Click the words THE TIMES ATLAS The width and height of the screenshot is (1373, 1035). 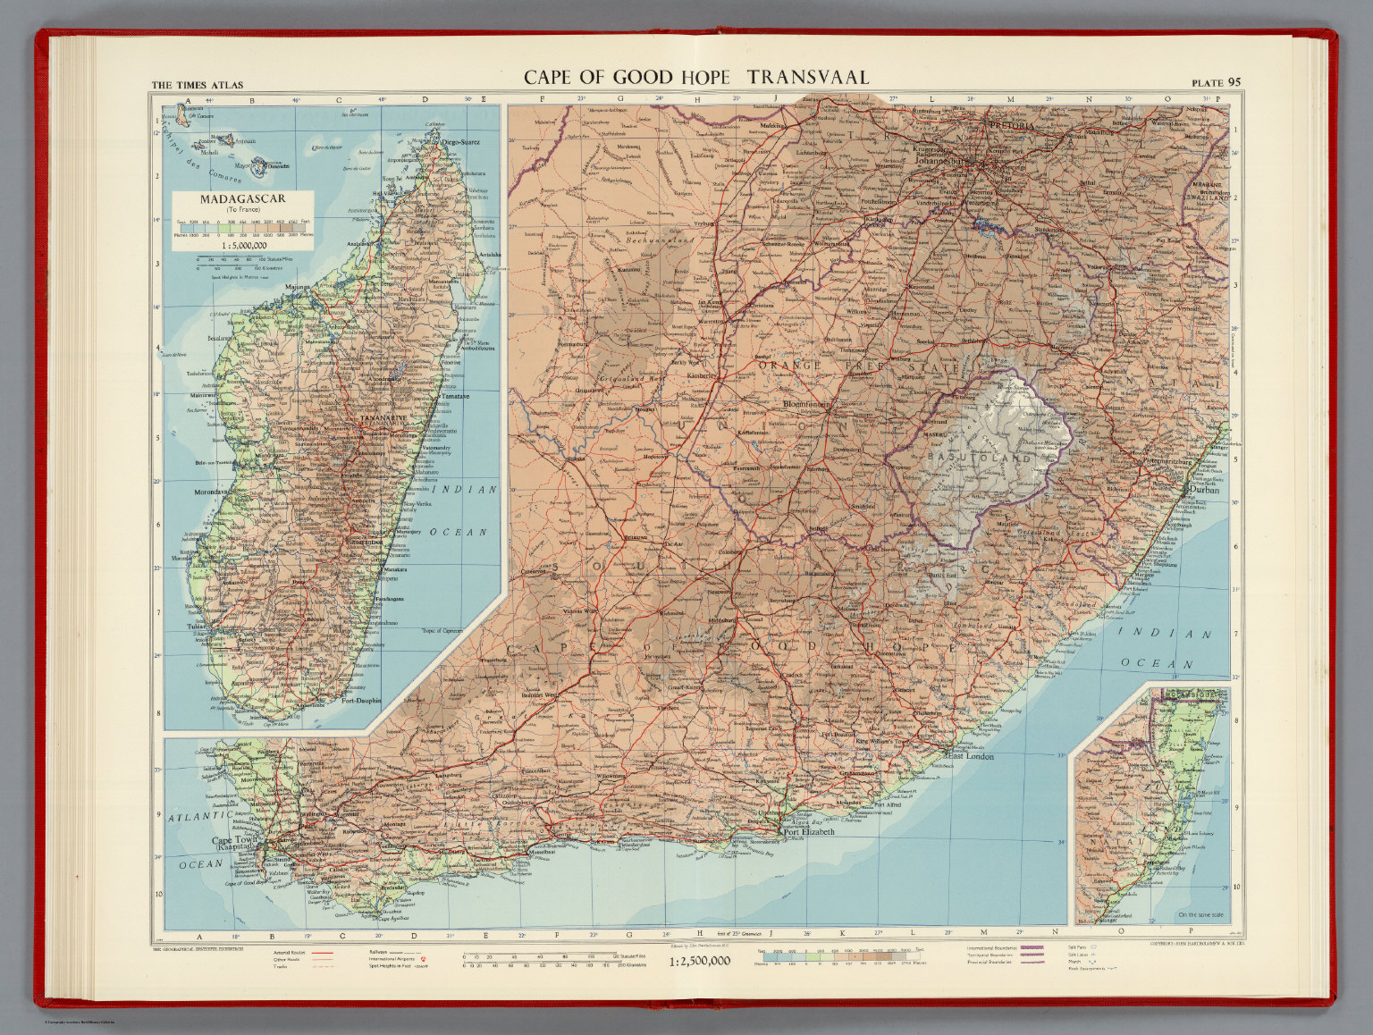(198, 86)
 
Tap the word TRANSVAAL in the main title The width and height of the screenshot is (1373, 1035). (807, 77)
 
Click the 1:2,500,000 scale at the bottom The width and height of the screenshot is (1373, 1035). (700, 961)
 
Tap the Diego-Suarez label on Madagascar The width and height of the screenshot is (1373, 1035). (460, 141)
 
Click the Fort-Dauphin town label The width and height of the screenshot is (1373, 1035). (361, 700)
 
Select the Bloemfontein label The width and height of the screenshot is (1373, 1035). (807, 405)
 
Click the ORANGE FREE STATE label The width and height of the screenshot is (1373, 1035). (858, 366)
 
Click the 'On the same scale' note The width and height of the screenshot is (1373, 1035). (1202, 914)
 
